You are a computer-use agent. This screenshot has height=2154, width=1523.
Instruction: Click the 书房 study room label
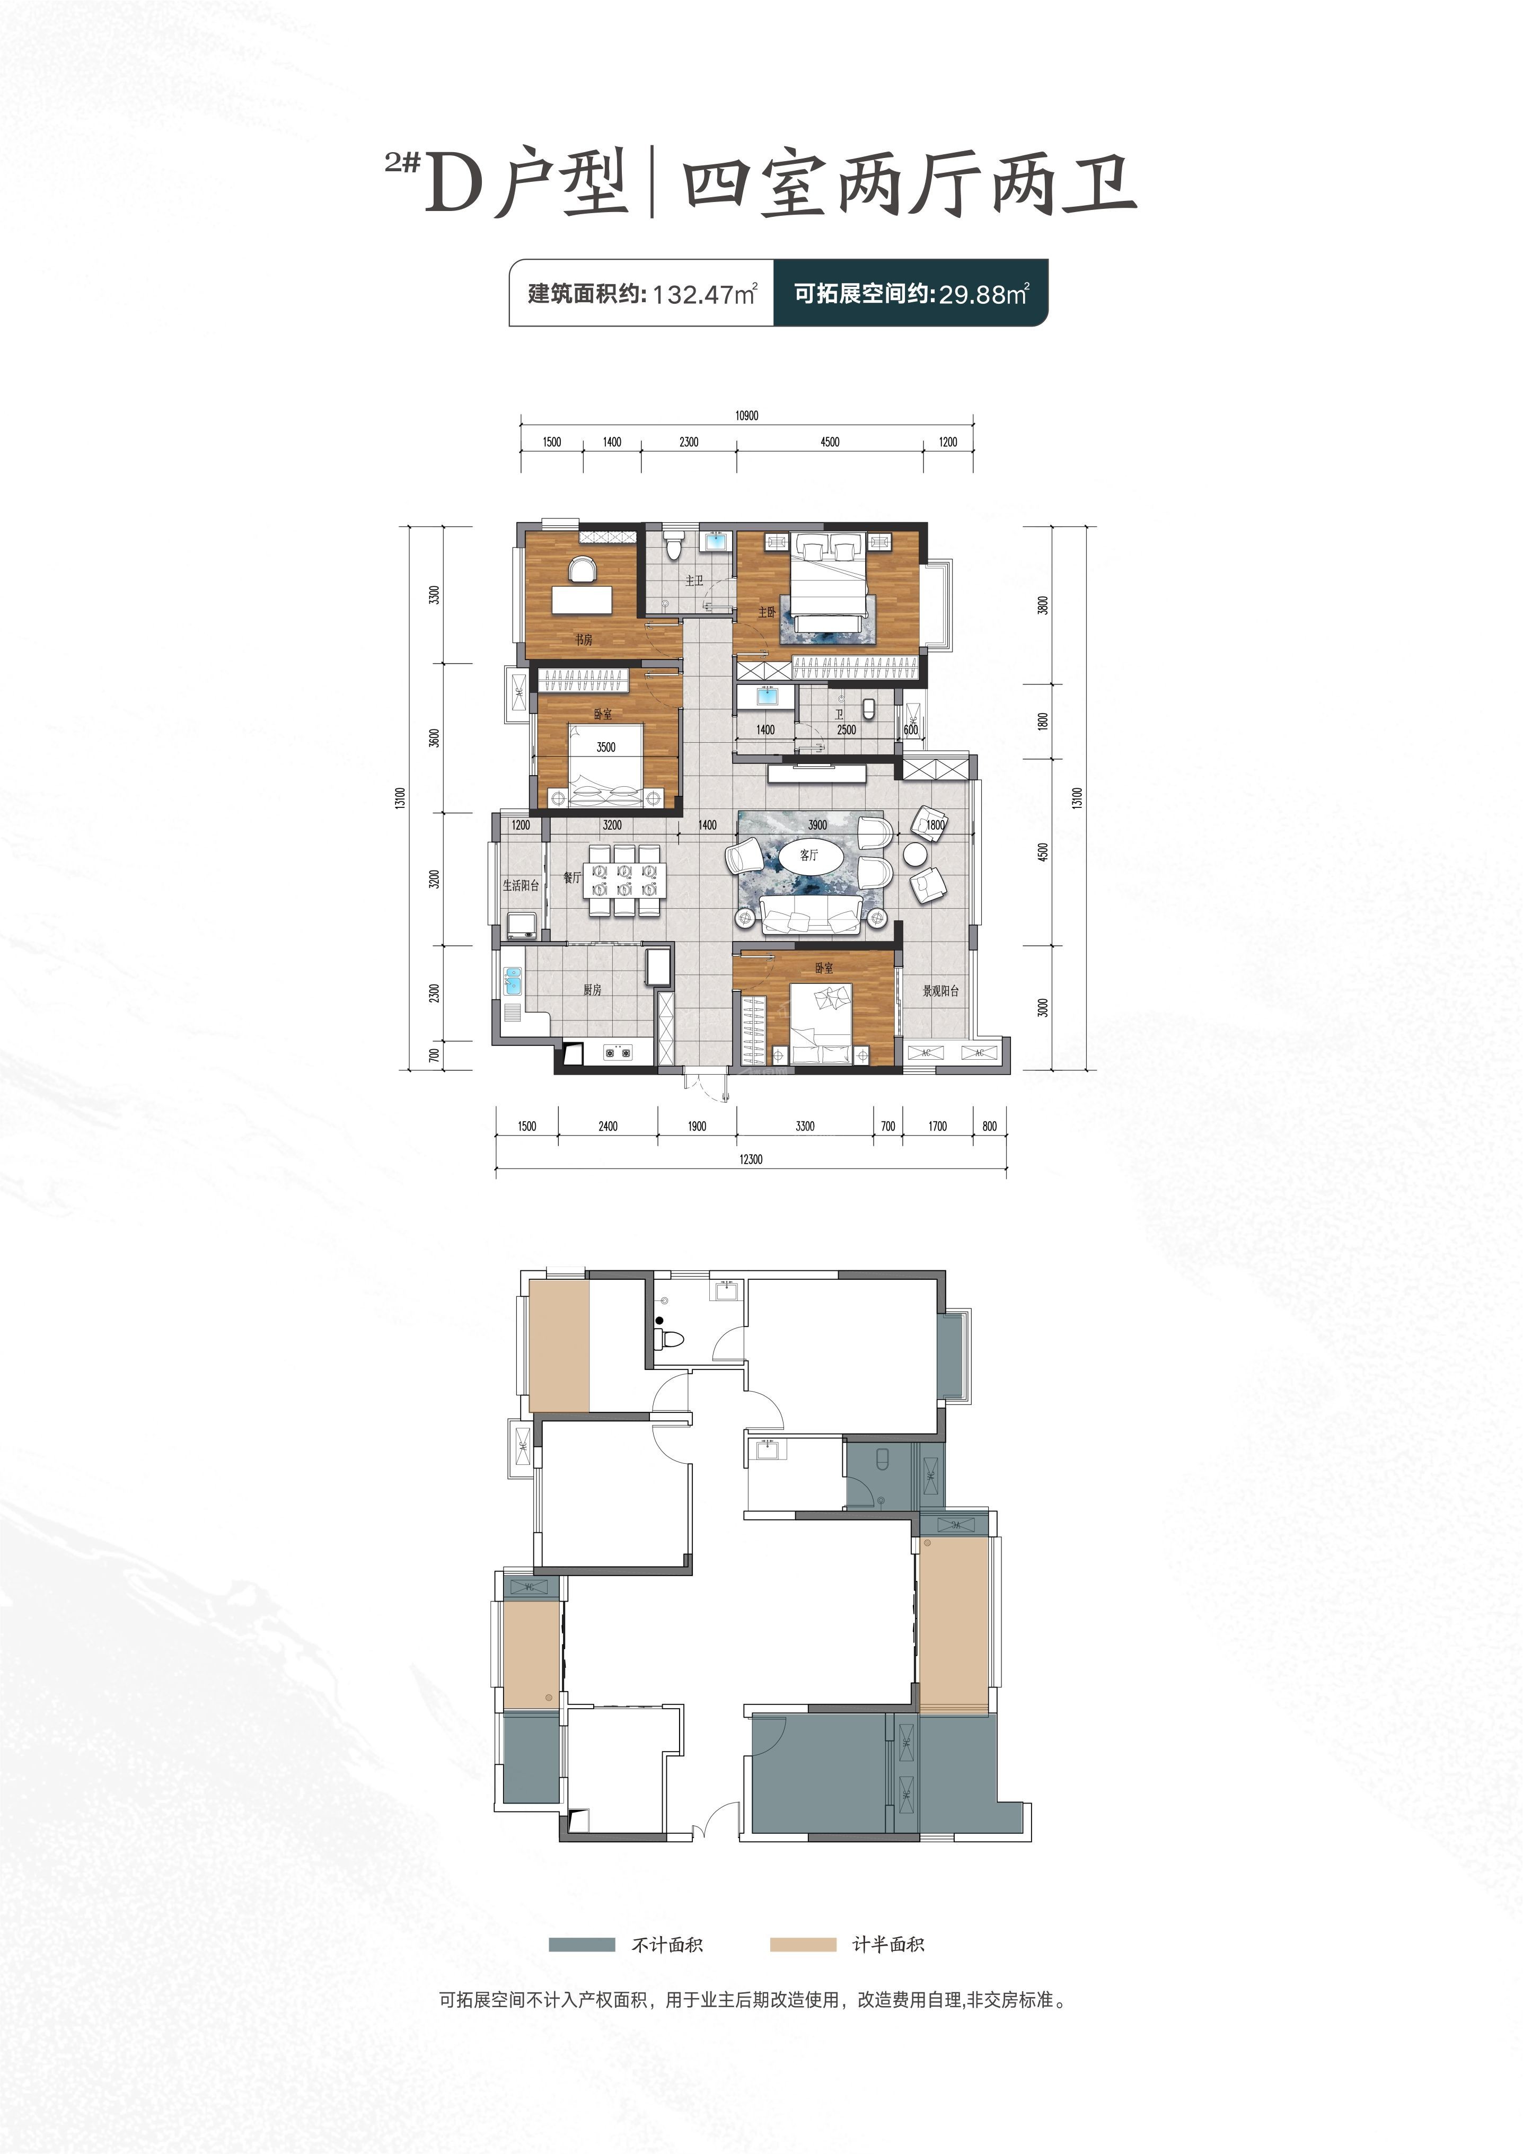point(583,640)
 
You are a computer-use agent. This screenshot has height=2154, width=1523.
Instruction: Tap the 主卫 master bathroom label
point(694,581)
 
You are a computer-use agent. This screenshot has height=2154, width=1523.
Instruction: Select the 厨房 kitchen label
point(592,990)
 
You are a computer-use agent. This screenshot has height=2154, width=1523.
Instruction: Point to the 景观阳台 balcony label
point(940,991)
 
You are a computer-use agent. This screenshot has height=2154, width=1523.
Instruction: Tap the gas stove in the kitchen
point(617,1052)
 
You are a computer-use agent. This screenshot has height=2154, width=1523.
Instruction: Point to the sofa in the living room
point(811,914)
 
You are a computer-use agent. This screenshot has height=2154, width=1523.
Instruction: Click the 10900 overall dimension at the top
point(746,416)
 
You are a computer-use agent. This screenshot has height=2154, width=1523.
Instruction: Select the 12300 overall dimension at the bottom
point(750,1159)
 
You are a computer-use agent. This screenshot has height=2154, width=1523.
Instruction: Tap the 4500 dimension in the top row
point(830,442)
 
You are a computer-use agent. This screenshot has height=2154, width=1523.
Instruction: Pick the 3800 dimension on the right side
point(1044,605)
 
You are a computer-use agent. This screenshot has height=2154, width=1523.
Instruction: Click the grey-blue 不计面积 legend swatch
point(582,1945)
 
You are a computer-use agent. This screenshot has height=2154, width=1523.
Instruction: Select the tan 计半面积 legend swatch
point(803,1945)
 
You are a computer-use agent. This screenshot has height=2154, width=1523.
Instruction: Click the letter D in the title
point(453,185)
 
